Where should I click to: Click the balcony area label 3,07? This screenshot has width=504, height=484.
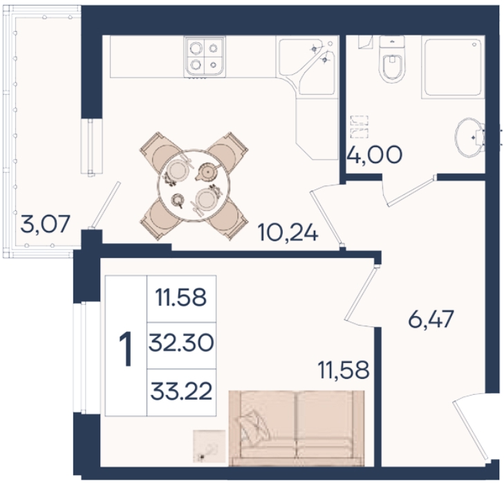tap(45, 224)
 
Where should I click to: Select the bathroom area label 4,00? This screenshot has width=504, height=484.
tap(375, 154)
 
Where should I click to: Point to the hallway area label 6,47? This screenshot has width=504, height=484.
tap(431, 319)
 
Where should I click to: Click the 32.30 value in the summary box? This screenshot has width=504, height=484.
tap(181, 342)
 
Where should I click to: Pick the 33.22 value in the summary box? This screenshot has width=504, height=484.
tap(181, 391)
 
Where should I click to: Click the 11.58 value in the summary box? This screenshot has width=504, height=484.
tap(180, 297)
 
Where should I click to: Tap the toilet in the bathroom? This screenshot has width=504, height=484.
tap(391, 59)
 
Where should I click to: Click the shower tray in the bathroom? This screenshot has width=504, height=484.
tap(453, 68)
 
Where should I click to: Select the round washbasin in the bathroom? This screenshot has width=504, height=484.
tap(469, 138)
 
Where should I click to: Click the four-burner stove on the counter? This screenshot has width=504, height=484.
tap(205, 57)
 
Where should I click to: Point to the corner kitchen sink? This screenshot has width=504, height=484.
tap(307, 66)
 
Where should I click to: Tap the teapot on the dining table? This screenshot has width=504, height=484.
tap(207, 172)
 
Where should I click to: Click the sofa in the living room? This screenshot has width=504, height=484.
tap(297, 428)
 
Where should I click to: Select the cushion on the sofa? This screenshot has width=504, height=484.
tap(252, 425)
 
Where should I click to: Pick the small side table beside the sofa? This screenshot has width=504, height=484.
tap(209, 446)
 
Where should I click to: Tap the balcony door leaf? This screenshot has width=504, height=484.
tap(105, 205)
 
